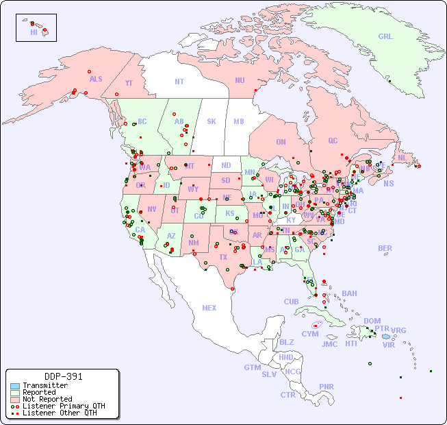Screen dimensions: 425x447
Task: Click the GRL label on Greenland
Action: pos(385,36)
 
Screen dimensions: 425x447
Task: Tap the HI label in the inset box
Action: pos(34,32)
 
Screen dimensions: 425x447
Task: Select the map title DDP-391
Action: pos(63,376)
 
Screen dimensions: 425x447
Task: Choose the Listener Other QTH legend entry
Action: pos(59,413)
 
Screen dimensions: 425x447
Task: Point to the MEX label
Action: pos(209,308)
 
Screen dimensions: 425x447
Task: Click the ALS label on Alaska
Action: pos(96,79)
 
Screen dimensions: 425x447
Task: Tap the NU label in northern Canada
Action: pos(240,80)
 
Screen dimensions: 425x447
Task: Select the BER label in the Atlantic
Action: pos(385,248)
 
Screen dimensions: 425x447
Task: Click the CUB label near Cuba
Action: pos(291,302)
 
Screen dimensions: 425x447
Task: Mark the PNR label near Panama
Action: pos(327,387)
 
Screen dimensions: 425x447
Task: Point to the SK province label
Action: pos(212,121)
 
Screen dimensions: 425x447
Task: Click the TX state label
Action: pos(223,257)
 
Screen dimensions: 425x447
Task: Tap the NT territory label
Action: pos(179,81)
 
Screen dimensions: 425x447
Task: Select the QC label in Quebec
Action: pos(333,141)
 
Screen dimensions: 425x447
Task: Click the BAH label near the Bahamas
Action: pos(349,293)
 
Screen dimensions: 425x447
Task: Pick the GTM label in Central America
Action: pos(252,367)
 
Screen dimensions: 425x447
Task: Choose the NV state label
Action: pos(151,209)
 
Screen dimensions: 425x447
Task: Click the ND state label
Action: pos(226,165)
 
